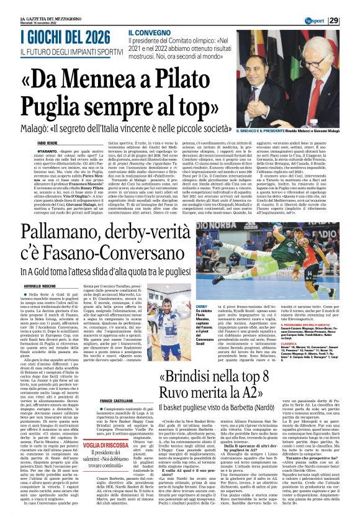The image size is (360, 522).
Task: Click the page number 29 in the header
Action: [351, 21]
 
